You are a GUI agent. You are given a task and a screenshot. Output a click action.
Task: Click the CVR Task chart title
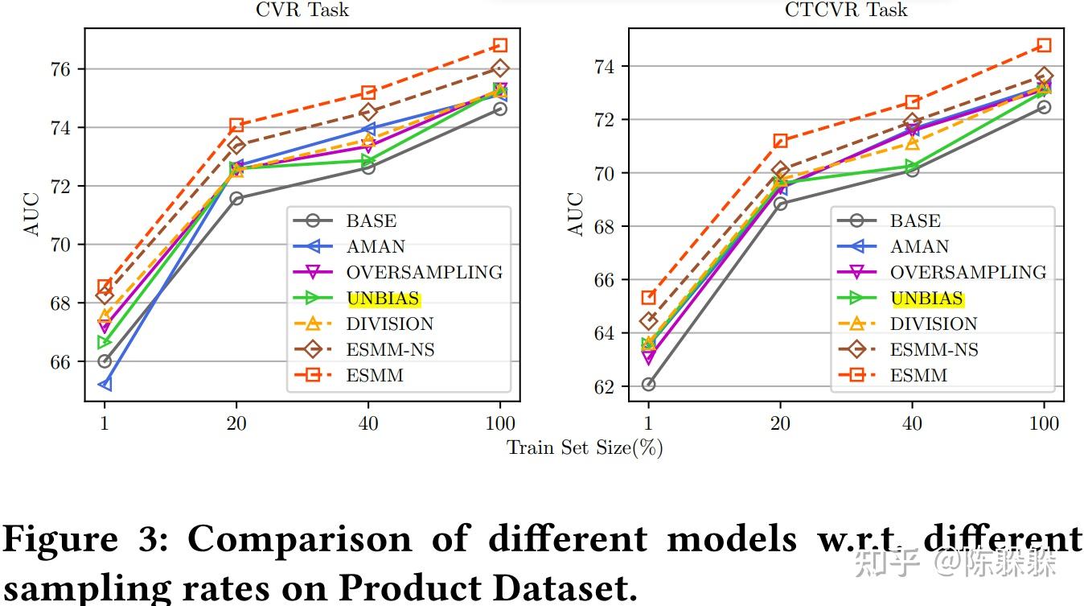[x=302, y=10]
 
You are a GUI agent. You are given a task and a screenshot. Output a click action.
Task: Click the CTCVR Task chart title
[x=846, y=10]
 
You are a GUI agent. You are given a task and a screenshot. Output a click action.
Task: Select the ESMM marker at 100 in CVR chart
[x=500, y=45]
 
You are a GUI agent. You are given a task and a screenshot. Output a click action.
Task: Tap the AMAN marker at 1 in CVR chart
[x=105, y=385]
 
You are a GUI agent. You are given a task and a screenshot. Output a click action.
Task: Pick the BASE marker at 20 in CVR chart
[x=236, y=198]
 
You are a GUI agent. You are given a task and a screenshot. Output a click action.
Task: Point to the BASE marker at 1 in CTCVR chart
[x=648, y=385]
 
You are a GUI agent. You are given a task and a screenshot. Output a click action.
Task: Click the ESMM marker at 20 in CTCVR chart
[x=780, y=141]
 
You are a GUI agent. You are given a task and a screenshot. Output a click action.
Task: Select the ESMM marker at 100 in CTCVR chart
[x=1044, y=45]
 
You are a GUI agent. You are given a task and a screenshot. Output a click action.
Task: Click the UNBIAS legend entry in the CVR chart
[x=383, y=299]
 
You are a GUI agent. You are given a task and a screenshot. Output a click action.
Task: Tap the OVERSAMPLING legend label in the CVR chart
[x=425, y=273]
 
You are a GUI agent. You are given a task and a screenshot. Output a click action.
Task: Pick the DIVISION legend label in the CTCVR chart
[x=934, y=324]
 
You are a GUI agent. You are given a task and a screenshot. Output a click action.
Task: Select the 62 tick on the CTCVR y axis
[x=604, y=387]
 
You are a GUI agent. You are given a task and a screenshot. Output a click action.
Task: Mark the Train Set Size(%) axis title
[x=585, y=448]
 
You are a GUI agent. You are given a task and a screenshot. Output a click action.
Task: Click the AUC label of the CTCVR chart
[x=576, y=214]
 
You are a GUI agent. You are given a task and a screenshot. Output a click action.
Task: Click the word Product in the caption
[x=404, y=588]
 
